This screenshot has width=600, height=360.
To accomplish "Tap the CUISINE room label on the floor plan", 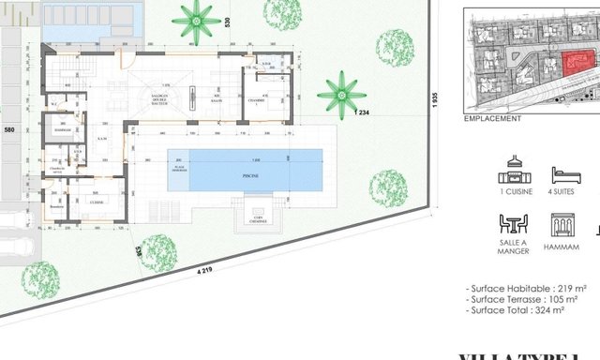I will (97, 202).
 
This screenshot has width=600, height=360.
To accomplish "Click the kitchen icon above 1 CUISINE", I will (513, 169).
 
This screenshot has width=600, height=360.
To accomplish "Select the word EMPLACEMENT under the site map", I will (492, 120).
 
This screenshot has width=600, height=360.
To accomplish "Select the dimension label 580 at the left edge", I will (10, 129).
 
